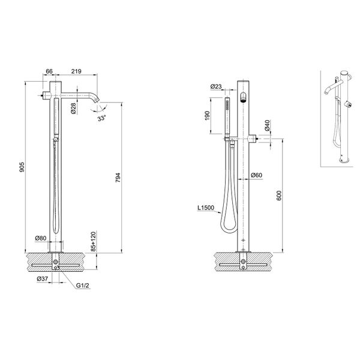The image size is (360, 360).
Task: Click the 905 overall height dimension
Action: [22, 165]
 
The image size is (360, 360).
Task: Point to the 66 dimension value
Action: [49, 71]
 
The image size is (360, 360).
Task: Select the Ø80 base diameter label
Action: [41, 238]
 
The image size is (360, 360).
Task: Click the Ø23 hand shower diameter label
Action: [217, 87]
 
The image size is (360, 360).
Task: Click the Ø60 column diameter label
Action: [257, 175]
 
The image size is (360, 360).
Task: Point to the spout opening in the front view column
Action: [243, 99]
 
